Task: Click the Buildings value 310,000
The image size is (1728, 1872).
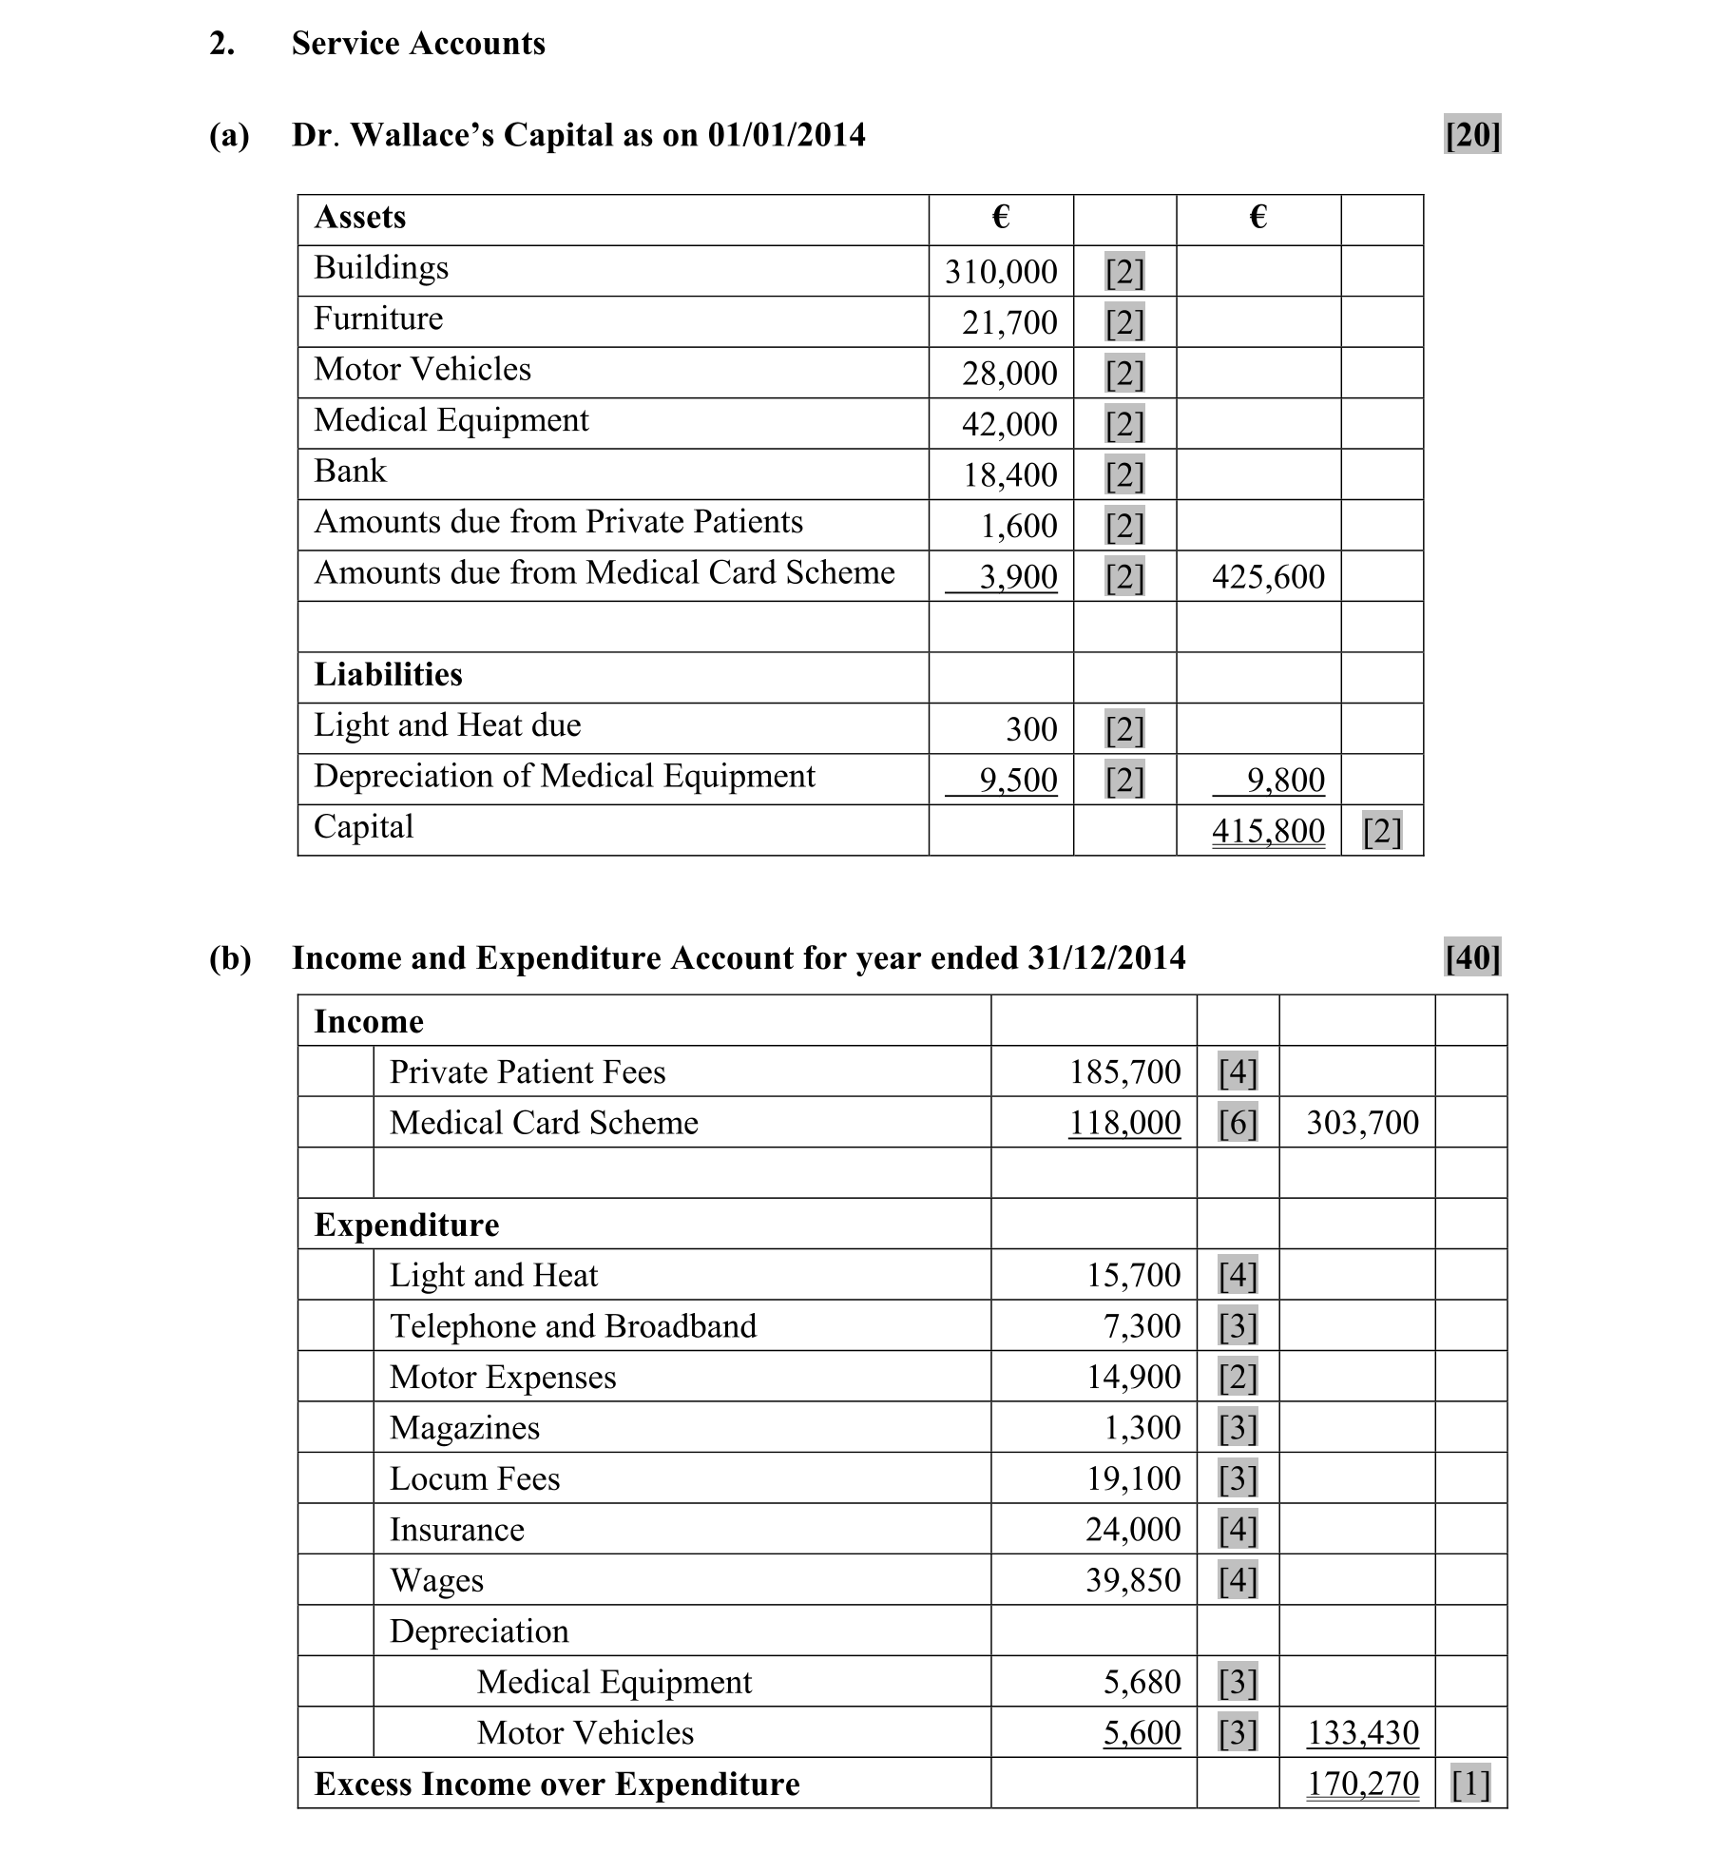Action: click(1000, 272)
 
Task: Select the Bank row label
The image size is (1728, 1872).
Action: click(350, 472)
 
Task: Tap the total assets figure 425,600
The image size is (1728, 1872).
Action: click(1267, 577)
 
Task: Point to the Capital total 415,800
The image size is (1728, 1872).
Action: click(1267, 831)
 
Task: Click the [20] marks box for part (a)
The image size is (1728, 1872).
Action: click(1471, 135)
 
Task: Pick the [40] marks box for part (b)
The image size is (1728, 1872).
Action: click(1471, 957)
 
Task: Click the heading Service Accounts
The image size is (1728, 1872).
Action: click(418, 44)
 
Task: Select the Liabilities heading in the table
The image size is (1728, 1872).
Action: click(388, 675)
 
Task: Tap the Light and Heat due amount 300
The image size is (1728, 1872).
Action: click(1031, 729)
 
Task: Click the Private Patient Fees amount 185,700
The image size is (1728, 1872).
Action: click(1124, 1072)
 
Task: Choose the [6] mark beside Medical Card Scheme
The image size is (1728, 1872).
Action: click(1238, 1124)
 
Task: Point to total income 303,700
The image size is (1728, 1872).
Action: click(1361, 1124)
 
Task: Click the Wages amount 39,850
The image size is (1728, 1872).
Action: click(1133, 1581)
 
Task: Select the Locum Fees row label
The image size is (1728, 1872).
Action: click(474, 1479)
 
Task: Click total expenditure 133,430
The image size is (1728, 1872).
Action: click(1361, 1733)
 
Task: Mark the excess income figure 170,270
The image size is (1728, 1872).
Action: click(1361, 1785)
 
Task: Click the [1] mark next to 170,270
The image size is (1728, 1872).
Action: click(1470, 1785)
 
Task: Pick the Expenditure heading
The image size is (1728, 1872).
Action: click(406, 1225)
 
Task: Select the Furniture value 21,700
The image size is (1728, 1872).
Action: click(1008, 323)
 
